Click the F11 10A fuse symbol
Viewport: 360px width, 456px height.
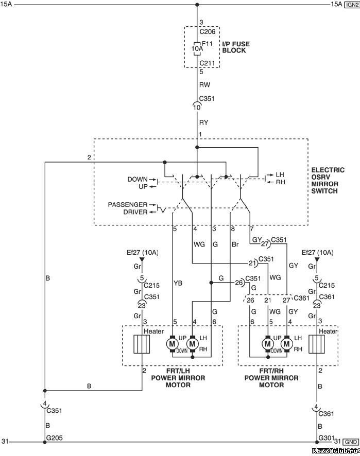[x=197, y=48]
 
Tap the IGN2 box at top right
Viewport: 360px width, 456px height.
[x=352, y=5]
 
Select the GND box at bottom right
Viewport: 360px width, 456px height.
[x=351, y=442]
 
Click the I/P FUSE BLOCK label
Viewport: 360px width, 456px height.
[x=236, y=47]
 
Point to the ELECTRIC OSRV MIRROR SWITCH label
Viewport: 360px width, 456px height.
[x=328, y=180]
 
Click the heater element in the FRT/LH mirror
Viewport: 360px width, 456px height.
[x=142, y=344]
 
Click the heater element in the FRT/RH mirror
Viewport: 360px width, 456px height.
[x=317, y=344]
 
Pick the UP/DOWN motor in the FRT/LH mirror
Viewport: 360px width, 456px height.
[x=172, y=344]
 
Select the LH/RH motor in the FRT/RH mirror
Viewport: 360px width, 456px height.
[x=287, y=344]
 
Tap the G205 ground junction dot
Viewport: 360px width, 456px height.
[x=45, y=442]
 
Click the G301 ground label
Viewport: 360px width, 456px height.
[x=325, y=437]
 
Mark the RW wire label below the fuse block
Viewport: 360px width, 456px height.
[x=204, y=84]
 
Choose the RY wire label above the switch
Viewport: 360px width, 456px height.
[x=204, y=122]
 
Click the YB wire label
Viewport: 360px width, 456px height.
[x=178, y=283]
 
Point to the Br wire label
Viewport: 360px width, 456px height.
[x=235, y=244]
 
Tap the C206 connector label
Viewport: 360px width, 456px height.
[x=208, y=32]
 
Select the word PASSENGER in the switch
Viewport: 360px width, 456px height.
[x=128, y=204]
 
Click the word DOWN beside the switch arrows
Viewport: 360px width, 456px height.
[x=138, y=179]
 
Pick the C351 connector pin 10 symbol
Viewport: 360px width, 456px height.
[x=197, y=107]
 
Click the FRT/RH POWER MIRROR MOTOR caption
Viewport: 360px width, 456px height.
[x=271, y=378]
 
